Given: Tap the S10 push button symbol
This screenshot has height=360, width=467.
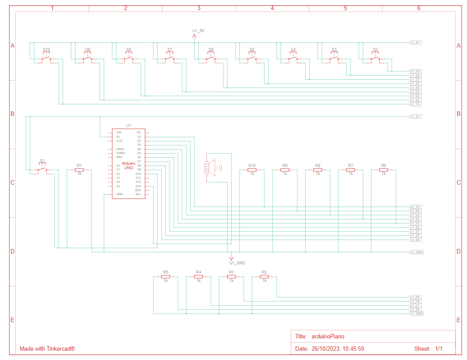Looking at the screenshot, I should pyautogui.click(x=46, y=58).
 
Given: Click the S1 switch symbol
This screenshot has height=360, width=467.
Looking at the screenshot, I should pyautogui.click(x=42, y=169).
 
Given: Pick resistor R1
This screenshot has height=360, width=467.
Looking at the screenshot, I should pyautogui.click(x=79, y=170).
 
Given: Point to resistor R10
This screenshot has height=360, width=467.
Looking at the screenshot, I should pyautogui.click(x=252, y=170).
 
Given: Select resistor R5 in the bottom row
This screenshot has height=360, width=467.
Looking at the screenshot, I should pyautogui.click(x=166, y=276).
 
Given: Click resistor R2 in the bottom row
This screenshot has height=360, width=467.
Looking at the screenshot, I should pyautogui.click(x=265, y=276).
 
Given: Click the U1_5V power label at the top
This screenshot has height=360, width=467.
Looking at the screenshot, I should pyautogui.click(x=198, y=30).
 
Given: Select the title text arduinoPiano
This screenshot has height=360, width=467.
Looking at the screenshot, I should pyautogui.click(x=327, y=336).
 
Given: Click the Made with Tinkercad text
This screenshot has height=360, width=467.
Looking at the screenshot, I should pyautogui.click(x=47, y=349).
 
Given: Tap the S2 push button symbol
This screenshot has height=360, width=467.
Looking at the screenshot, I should pyautogui.click(x=375, y=58).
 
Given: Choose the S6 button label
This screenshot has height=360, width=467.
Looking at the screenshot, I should pyautogui.click(x=211, y=50).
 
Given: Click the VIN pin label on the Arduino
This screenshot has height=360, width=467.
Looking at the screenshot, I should pyautogui.click(x=119, y=132).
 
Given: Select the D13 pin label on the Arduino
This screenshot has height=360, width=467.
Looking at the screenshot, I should pyautogui.click(x=138, y=186).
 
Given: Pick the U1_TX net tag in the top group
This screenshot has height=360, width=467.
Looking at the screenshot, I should pyautogui.click(x=415, y=104).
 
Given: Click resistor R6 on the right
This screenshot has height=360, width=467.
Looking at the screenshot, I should pyautogui.click(x=384, y=170).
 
